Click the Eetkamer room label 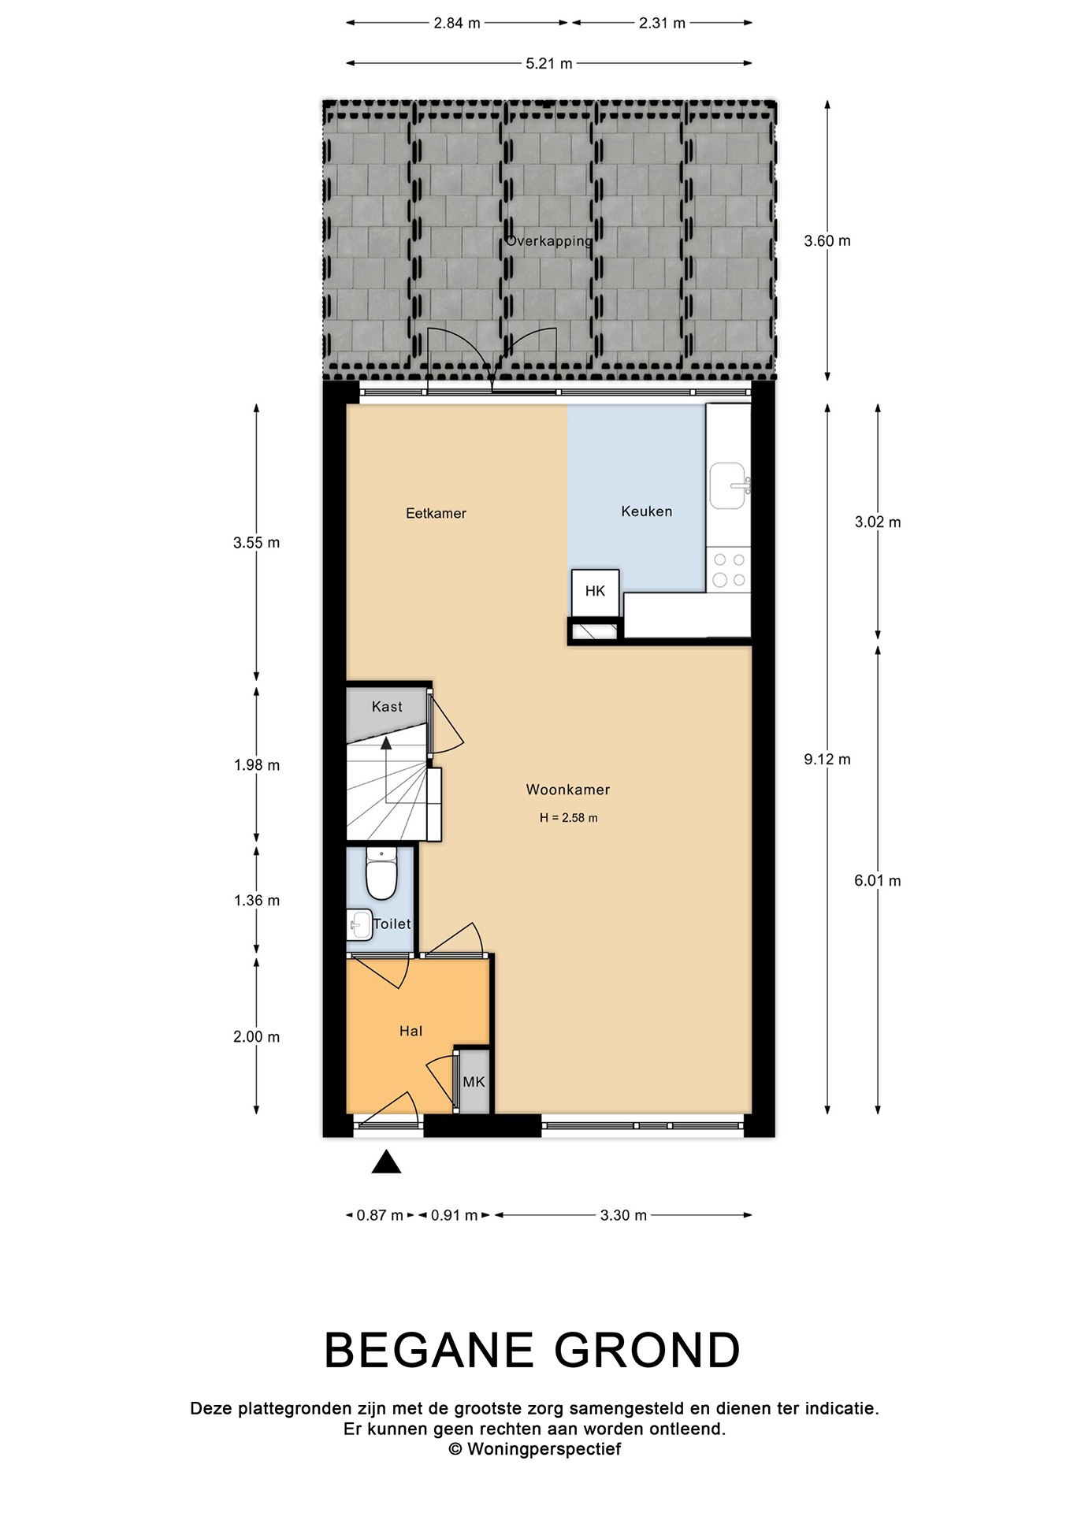click(x=436, y=513)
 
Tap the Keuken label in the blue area click(x=646, y=511)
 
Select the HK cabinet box click(x=595, y=591)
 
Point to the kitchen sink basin click(x=727, y=485)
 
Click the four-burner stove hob click(x=729, y=570)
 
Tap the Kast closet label click(x=387, y=707)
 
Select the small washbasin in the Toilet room click(x=359, y=924)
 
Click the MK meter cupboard click(x=474, y=1081)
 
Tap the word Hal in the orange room click(x=411, y=1031)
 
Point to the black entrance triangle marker click(x=386, y=1162)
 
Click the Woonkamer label click(x=568, y=790)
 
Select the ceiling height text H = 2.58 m click(x=568, y=818)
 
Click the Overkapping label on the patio click(x=549, y=241)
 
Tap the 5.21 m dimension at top click(x=549, y=64)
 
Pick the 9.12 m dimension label click(x=827, y=760)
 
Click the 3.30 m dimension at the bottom click(x=623, y=1215)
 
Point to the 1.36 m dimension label click(x=257, y=901)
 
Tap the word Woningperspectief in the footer click(x=544, y=1449)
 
